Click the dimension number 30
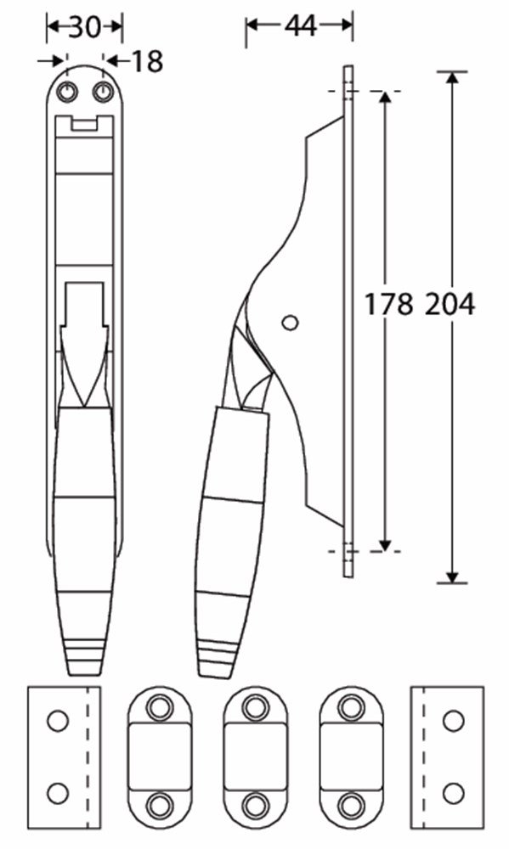[84, 28]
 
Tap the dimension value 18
[146, 62]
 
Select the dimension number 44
[300, 26]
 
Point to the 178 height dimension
[388, 303]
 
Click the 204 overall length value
[450, 303]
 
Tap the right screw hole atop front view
[103, 92]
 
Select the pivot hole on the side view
[290, 323]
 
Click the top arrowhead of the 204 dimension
[452, 78]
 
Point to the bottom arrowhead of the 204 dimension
[452, 576]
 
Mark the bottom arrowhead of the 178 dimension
[386, 544]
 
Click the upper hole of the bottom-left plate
[57, 722]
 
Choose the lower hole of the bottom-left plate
[57, 794]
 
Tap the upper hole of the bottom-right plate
[453, 722]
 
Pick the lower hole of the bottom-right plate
[453, 794]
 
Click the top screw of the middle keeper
[254, 706]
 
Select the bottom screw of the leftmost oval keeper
[159, 803]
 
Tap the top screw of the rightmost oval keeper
[351, 706]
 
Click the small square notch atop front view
[83, 125]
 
